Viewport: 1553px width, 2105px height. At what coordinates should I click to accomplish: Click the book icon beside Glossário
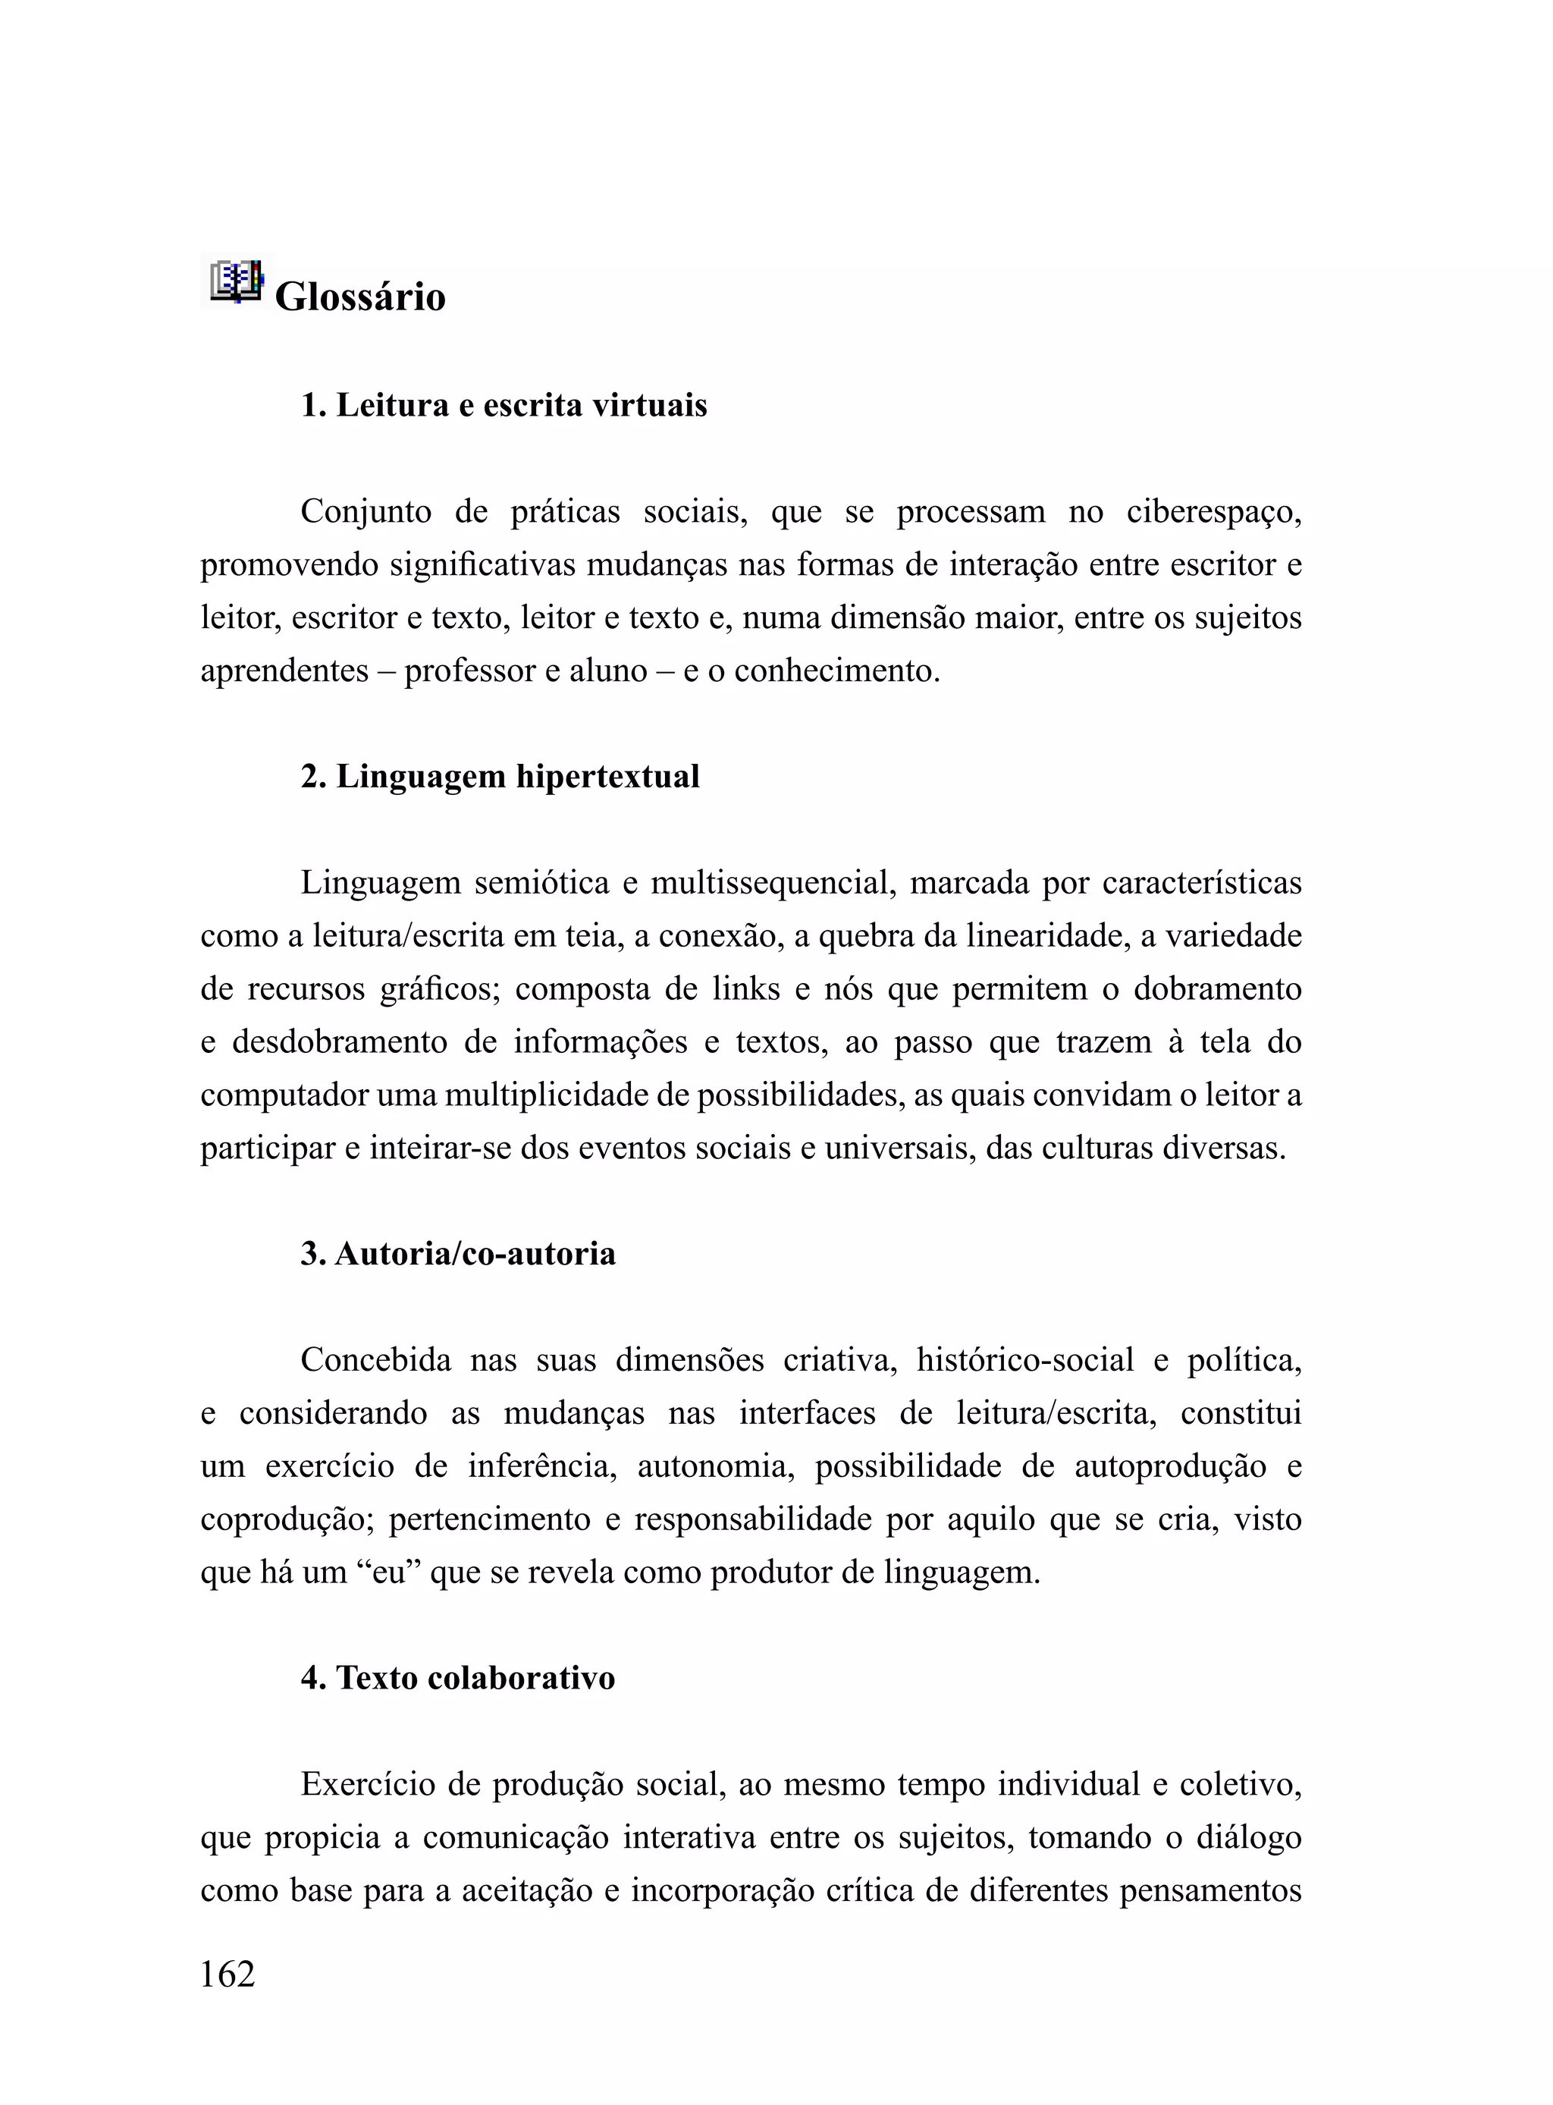tap(235, 281)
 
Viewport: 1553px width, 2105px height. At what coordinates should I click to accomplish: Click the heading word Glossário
tap(360, 297)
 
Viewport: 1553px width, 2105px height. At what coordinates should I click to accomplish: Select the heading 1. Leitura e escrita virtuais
tap(504, 405)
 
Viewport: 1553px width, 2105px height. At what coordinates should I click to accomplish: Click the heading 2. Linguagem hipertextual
tap(500, 777)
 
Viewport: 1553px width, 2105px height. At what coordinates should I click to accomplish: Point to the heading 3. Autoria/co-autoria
tap(459, 1254)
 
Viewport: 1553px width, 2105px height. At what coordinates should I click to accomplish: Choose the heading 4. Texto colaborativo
tap(458, 1678)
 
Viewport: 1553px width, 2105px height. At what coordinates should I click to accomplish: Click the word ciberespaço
tap(1213, 512)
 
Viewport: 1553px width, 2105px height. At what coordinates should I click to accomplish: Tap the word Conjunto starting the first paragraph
tap(366, 512)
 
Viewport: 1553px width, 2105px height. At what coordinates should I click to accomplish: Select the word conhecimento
tap(836, 671)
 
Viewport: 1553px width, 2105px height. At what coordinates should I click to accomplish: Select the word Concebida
tap(376, 1360)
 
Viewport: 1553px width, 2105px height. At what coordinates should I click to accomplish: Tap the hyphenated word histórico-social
tap(1024, 1360)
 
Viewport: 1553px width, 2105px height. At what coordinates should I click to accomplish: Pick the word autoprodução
tap(1170, 1466)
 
